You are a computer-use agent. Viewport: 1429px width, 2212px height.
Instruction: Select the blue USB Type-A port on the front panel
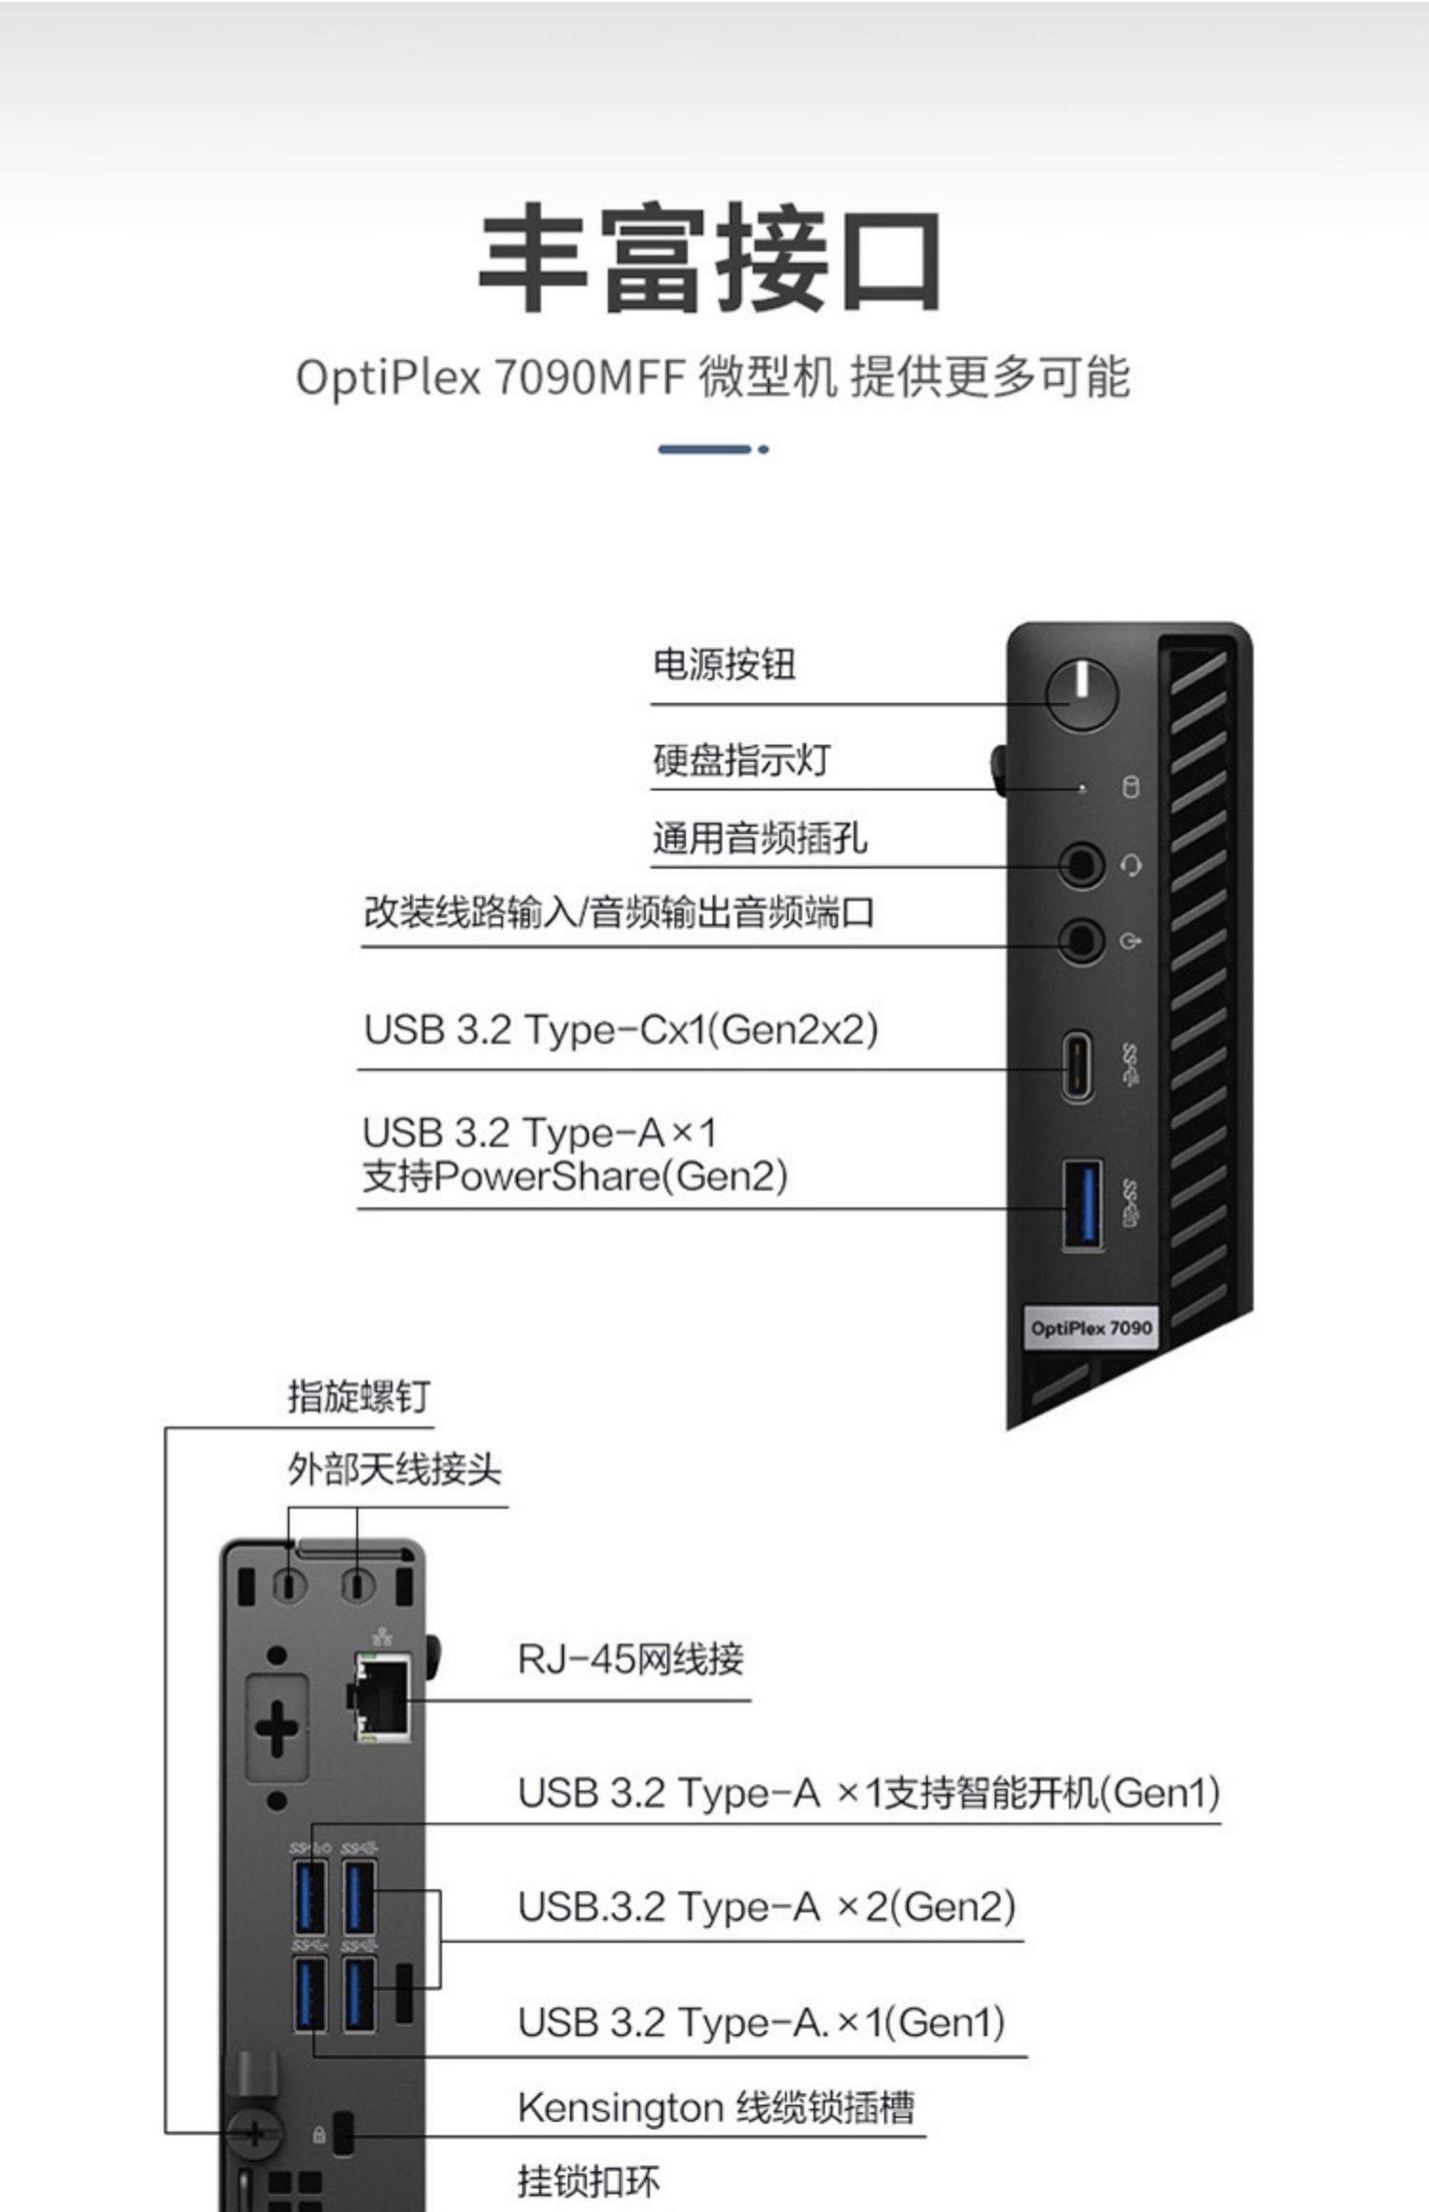coord(1083,1204)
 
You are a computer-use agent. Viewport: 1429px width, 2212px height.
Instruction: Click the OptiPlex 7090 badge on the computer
coord(1091,1328)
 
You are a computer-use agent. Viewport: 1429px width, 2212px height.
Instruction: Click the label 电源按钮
coord(724,665)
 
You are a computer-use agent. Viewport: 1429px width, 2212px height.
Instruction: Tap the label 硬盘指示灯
coord(741,759)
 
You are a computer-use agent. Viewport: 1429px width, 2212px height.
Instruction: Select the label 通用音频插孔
coord(759,838)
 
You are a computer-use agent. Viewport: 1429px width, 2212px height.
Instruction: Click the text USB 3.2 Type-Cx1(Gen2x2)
coord(620,1031)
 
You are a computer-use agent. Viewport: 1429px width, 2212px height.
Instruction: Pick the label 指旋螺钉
coord(359,1397)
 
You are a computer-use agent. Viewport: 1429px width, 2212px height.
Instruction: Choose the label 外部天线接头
coord(394,1469)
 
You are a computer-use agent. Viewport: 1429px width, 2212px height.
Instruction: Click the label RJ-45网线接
coord(630,1659)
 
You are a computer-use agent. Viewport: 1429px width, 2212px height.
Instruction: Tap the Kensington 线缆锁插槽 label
coord(715,2108)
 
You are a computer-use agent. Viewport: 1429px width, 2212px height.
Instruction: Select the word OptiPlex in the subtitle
coord(389,378)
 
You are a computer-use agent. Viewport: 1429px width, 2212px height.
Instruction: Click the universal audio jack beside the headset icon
coord(1082,865)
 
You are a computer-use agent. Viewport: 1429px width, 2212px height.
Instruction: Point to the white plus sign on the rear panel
coord(277,1729)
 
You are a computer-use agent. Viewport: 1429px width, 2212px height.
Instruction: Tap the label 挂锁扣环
coord(588,2181)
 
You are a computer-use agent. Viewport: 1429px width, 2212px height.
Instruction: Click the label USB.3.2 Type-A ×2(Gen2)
coord(767,1906)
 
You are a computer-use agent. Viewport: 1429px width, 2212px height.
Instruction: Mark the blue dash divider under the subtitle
coord(713,449)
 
